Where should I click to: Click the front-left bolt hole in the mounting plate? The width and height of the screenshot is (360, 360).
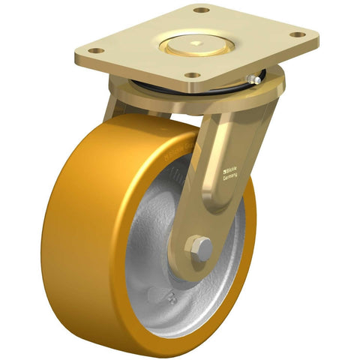pos(95,50)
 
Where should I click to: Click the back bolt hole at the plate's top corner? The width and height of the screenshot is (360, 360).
pos(200,10)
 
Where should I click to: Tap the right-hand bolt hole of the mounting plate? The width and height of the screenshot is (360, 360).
pos(301,34)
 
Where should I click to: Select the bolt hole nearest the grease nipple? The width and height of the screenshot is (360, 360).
pos(191,76)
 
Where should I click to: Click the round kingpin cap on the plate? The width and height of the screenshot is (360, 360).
pos(196,43)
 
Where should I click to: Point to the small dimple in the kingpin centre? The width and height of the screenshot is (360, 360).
pos(196,43)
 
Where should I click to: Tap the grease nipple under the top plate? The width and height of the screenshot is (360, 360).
pos(257,77)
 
